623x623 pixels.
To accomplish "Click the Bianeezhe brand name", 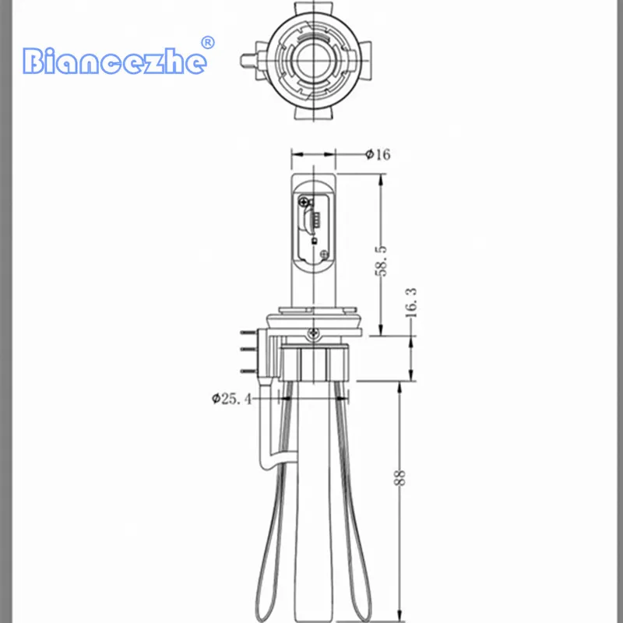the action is click(114, 62).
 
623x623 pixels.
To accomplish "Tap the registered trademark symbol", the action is click(207, 43).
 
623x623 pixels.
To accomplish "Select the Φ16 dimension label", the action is click(378, 154).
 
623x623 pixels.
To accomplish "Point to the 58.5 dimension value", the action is click(380, 261).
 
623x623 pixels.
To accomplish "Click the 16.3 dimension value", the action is click(411, 302).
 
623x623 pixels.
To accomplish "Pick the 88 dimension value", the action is click(399, 477).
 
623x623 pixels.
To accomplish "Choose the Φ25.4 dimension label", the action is click(231, 398).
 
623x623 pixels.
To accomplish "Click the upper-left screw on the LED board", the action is click(304, 202).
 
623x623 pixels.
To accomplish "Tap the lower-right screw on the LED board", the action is click(325, 255).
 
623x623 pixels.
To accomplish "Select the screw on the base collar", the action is click(314, 333).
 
